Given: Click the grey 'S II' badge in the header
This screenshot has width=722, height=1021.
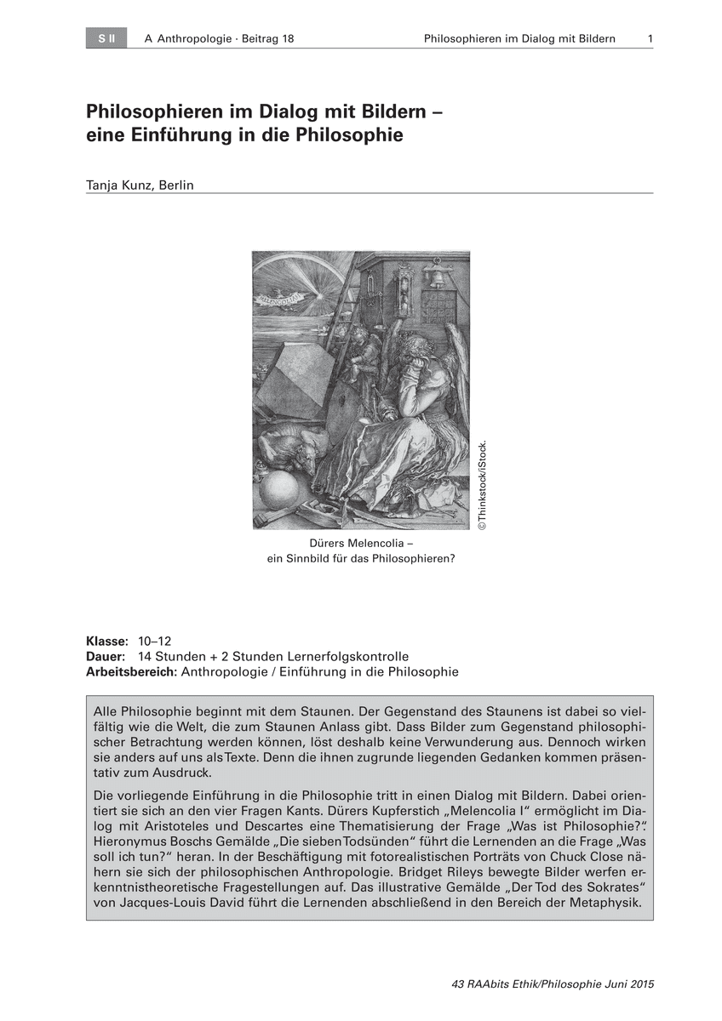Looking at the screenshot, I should [x=106, y=38].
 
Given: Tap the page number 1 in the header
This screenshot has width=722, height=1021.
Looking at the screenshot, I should [x=650, y=39].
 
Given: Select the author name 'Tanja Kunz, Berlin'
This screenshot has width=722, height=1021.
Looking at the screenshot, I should [x=140, y=185].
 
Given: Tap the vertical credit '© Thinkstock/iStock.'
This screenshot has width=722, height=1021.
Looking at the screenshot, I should [x=481, y=486].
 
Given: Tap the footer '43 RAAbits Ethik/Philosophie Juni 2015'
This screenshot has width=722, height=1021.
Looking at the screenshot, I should [x=553, y=984].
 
